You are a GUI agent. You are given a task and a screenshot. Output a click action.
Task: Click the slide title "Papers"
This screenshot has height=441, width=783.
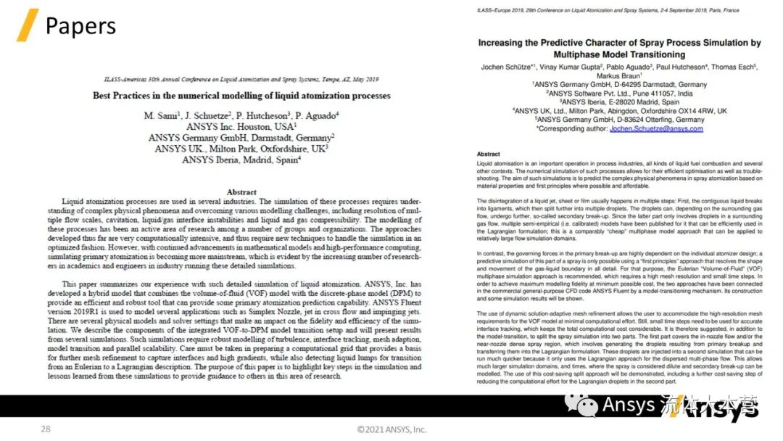click(x=80, y=26)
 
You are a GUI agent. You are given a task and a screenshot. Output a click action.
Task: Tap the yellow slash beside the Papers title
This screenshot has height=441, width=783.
click(x=27, y=26)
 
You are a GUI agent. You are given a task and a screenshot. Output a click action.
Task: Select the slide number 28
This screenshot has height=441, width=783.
click(x=45, y=429)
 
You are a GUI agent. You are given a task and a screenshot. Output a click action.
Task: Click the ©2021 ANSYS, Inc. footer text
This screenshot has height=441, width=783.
click(x=391, y=429)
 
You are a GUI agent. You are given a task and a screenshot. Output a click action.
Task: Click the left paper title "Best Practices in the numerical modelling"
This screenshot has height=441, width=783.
click(x=241, y=95)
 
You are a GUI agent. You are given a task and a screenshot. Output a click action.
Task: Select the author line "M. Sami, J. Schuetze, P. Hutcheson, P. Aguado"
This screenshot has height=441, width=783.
click(x=241, y=115)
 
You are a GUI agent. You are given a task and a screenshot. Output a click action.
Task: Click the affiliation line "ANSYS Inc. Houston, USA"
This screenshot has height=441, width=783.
click(x=241, y=126)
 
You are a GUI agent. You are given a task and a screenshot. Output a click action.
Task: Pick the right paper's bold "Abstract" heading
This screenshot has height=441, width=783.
click(x=488, y=154)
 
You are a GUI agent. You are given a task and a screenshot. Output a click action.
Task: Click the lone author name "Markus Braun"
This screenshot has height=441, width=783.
click(x=619, y=75)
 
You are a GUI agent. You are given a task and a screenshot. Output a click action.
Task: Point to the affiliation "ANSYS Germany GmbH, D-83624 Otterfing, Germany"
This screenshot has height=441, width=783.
click(x=619, y=120)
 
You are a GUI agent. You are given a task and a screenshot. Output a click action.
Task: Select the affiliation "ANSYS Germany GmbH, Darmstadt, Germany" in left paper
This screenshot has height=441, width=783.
click(x=241, y=137)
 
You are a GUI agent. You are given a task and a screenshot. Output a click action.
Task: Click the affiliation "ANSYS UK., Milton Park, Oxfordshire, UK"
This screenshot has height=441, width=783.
click(x=241, y=148)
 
